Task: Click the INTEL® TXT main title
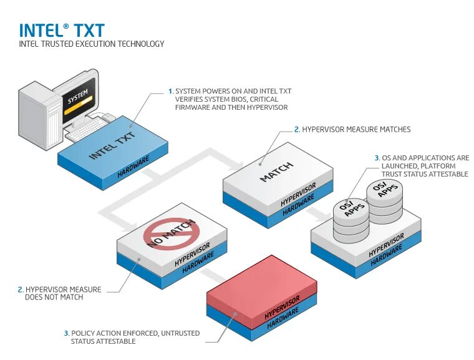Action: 62,30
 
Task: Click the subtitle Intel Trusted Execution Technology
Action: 92,44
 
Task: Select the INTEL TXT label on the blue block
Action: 111,144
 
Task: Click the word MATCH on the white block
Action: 276,172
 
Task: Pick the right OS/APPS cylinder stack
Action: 385,198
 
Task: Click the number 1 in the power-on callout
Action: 170,91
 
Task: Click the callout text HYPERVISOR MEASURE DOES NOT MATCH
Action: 62,293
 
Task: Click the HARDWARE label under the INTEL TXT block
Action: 133,166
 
